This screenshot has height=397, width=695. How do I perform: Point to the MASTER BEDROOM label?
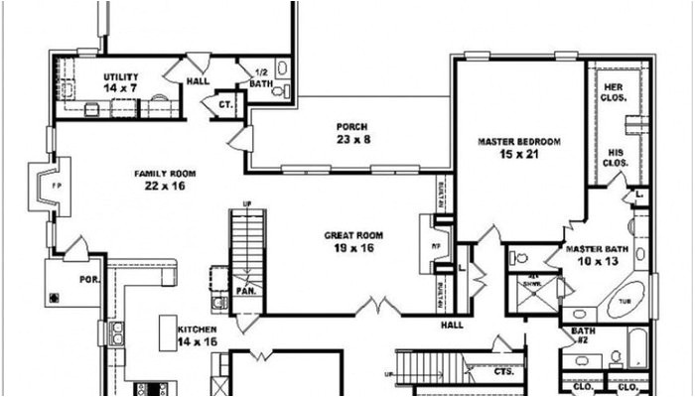click(x=518, y=142)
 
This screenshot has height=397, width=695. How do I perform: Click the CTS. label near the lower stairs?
click(x=503, y=371)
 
